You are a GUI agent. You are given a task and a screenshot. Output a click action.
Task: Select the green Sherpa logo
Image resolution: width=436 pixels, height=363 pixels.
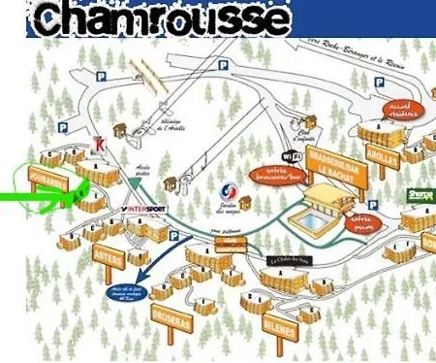coord(420,195)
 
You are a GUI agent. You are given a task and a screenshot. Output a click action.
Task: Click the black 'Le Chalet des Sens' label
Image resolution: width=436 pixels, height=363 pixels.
coord(287,260)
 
